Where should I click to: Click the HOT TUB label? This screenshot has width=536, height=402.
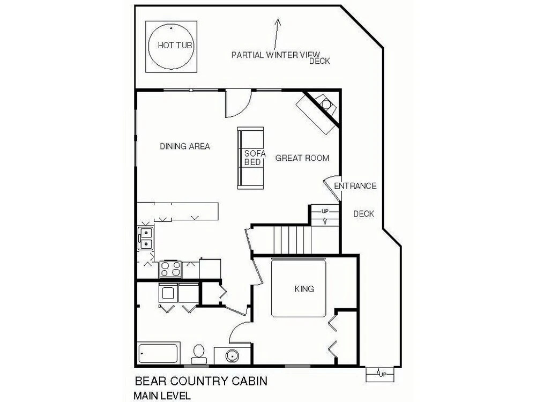(175, 45)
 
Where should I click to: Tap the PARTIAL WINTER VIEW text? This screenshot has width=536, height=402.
(276, 55)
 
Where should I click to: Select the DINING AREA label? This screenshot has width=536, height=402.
(185, 146)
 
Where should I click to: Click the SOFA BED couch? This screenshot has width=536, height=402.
(250, 158)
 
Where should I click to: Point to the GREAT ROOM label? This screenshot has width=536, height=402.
(302, 158)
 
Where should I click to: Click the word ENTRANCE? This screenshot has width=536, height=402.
(355, 186)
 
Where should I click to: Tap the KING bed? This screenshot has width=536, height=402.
(299, 288)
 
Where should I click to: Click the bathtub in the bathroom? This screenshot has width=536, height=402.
(158, 353)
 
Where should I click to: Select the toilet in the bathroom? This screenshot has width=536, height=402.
(198, 354)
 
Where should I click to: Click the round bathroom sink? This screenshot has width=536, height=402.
(232, 356)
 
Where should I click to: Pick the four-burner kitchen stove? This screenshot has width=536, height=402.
(170, 269)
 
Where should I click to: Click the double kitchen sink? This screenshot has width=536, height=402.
(146, 239)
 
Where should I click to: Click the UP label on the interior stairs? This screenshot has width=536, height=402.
(325, 211)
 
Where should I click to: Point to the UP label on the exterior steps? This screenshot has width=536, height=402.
(382, 375)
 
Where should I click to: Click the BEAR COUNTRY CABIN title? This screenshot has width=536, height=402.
(201, 381)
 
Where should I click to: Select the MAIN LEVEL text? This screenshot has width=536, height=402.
(162, 396)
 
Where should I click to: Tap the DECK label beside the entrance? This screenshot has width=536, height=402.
(364, 214)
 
